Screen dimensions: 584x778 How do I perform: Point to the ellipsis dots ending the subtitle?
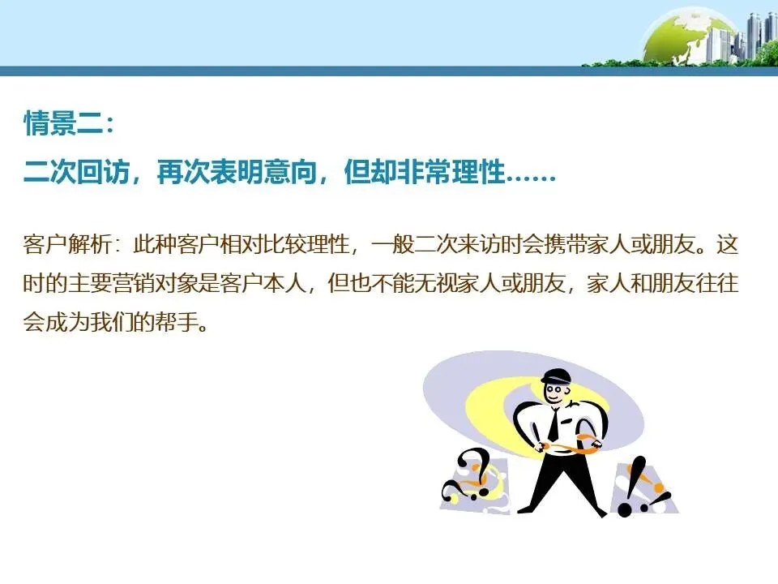click(x=531, y=175)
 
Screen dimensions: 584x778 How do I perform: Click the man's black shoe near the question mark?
click(x=526, y=509)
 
